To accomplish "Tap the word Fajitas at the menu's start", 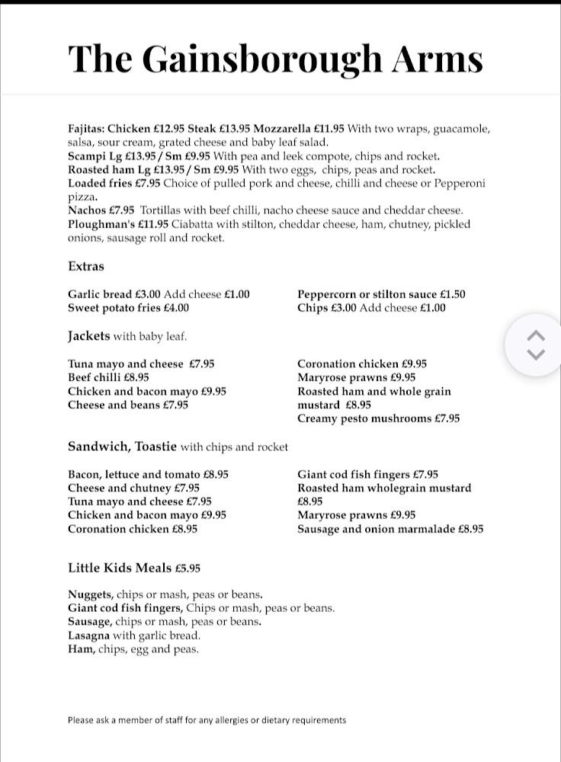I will (x=86, y=129).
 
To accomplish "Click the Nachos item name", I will (x=87, y=210).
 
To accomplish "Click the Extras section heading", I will (x=86, y=267).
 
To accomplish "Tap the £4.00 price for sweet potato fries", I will (x=176, y=308).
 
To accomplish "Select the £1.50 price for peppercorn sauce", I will (x=452, y=294).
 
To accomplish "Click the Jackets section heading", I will (x=89, y=336).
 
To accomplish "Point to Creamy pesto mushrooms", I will (x=364, y=418).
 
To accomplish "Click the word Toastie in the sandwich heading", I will (x=155, y=447).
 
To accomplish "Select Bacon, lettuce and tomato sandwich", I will (x=134, y=474).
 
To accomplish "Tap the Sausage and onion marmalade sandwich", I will (x=377, y=529).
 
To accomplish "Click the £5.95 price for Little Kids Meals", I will (x=188, y=568).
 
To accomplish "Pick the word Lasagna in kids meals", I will (x=88, y=636).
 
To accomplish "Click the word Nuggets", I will (x=90, y=594).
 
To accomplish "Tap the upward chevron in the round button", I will (x=537, y=336).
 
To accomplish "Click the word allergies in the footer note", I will (x=232, y=720).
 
